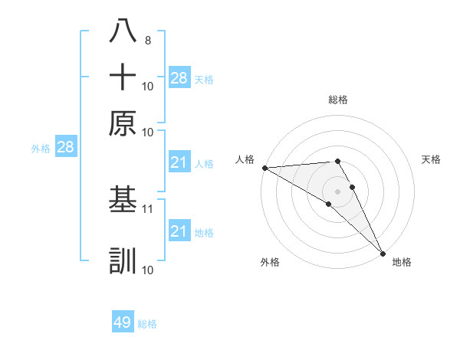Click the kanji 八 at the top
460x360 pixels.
click(123, 31)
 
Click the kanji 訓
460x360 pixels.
click(123, 261)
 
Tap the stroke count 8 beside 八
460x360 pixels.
click(147, 40)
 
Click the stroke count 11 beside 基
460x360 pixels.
click(148, 208)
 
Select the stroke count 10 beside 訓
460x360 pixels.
click(148, 270)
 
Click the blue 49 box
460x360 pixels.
click(123, 322)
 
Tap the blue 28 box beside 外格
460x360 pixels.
click(65, 147)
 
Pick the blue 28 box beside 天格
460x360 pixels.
click(179, 77)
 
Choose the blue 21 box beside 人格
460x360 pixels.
click(179, 162)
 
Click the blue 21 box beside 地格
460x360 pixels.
click(179, 231)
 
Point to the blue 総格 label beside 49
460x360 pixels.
click(147, 324)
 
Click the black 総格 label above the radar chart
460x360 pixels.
click(338, 100)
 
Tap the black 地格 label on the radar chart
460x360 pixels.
click(402, 262)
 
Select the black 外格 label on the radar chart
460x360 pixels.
click(270, 262)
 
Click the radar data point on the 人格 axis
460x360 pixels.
click(264, 168)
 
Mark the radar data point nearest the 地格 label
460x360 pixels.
click(382, 253)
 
